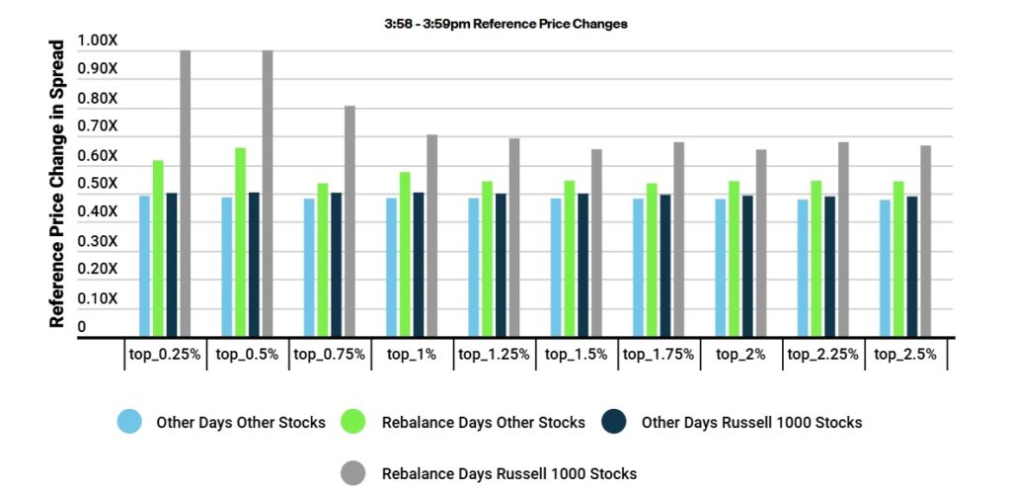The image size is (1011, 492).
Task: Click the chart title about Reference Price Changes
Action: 505,23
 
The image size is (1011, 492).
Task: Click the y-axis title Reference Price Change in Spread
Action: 58,184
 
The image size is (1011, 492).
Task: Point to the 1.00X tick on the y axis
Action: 98,41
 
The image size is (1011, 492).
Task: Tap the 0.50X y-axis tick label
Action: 98,184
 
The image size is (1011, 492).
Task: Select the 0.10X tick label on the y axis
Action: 98,298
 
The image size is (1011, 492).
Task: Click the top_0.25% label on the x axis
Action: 165,354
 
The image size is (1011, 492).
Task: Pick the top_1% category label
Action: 412,354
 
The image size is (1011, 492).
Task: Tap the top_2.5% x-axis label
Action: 905,354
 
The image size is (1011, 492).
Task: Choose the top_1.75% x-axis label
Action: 659,354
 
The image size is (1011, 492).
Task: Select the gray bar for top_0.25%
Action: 185,194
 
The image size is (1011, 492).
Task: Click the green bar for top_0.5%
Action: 240,242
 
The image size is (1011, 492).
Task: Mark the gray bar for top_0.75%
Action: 350,221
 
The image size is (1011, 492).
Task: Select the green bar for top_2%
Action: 734,259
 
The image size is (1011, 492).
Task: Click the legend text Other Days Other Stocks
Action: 240,423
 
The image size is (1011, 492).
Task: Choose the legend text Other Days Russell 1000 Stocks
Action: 751,423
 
